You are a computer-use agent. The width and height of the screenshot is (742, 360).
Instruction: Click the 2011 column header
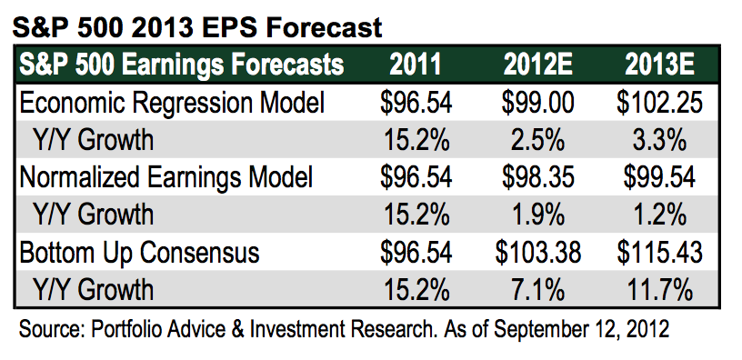click(x=416, y=65)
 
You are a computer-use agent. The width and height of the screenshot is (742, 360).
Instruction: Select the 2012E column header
click(x=537, y=65)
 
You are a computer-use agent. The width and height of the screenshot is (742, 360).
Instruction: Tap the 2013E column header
click(x=659, y=65)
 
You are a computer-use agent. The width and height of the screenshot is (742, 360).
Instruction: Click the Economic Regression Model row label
click(x=172, y=104)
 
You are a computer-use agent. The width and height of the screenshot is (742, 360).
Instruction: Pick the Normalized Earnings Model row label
click(x=166, y=178)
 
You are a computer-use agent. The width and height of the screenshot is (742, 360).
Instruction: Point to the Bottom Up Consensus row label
click(x=140, y=253)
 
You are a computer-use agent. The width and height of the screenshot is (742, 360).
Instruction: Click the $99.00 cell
click(x=538, y=103)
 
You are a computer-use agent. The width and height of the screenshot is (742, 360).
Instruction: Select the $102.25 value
click(x=659, y=103)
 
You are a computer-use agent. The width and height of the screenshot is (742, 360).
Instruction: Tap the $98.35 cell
click(x=538, y=177)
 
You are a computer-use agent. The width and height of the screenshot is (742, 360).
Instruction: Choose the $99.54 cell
click(x=659, y=177)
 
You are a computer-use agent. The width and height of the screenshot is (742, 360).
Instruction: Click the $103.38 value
click(x=538, y=253)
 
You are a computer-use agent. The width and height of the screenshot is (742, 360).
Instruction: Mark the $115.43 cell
click(x=659, y=253)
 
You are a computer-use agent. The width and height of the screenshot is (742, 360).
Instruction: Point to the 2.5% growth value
click(x=538, y=140)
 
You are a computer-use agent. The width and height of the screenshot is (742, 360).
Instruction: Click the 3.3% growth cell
click(x=659, y=140)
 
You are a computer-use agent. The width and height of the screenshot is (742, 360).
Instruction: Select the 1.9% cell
click(x=538, y=215)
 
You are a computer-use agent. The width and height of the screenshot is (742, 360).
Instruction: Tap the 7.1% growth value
click(x=538, y=290)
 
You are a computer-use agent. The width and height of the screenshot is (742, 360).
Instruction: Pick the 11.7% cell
click(x=659, y=290)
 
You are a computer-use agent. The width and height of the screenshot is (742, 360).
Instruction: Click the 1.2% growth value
click(x=659, y=215)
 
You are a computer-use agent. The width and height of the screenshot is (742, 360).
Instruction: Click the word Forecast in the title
click(x=324, y=27)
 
